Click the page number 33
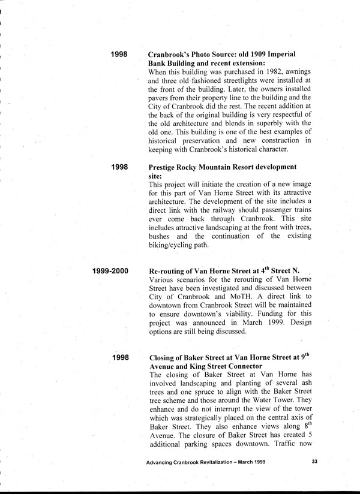(315, 462)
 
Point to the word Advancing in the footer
(162, 462)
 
